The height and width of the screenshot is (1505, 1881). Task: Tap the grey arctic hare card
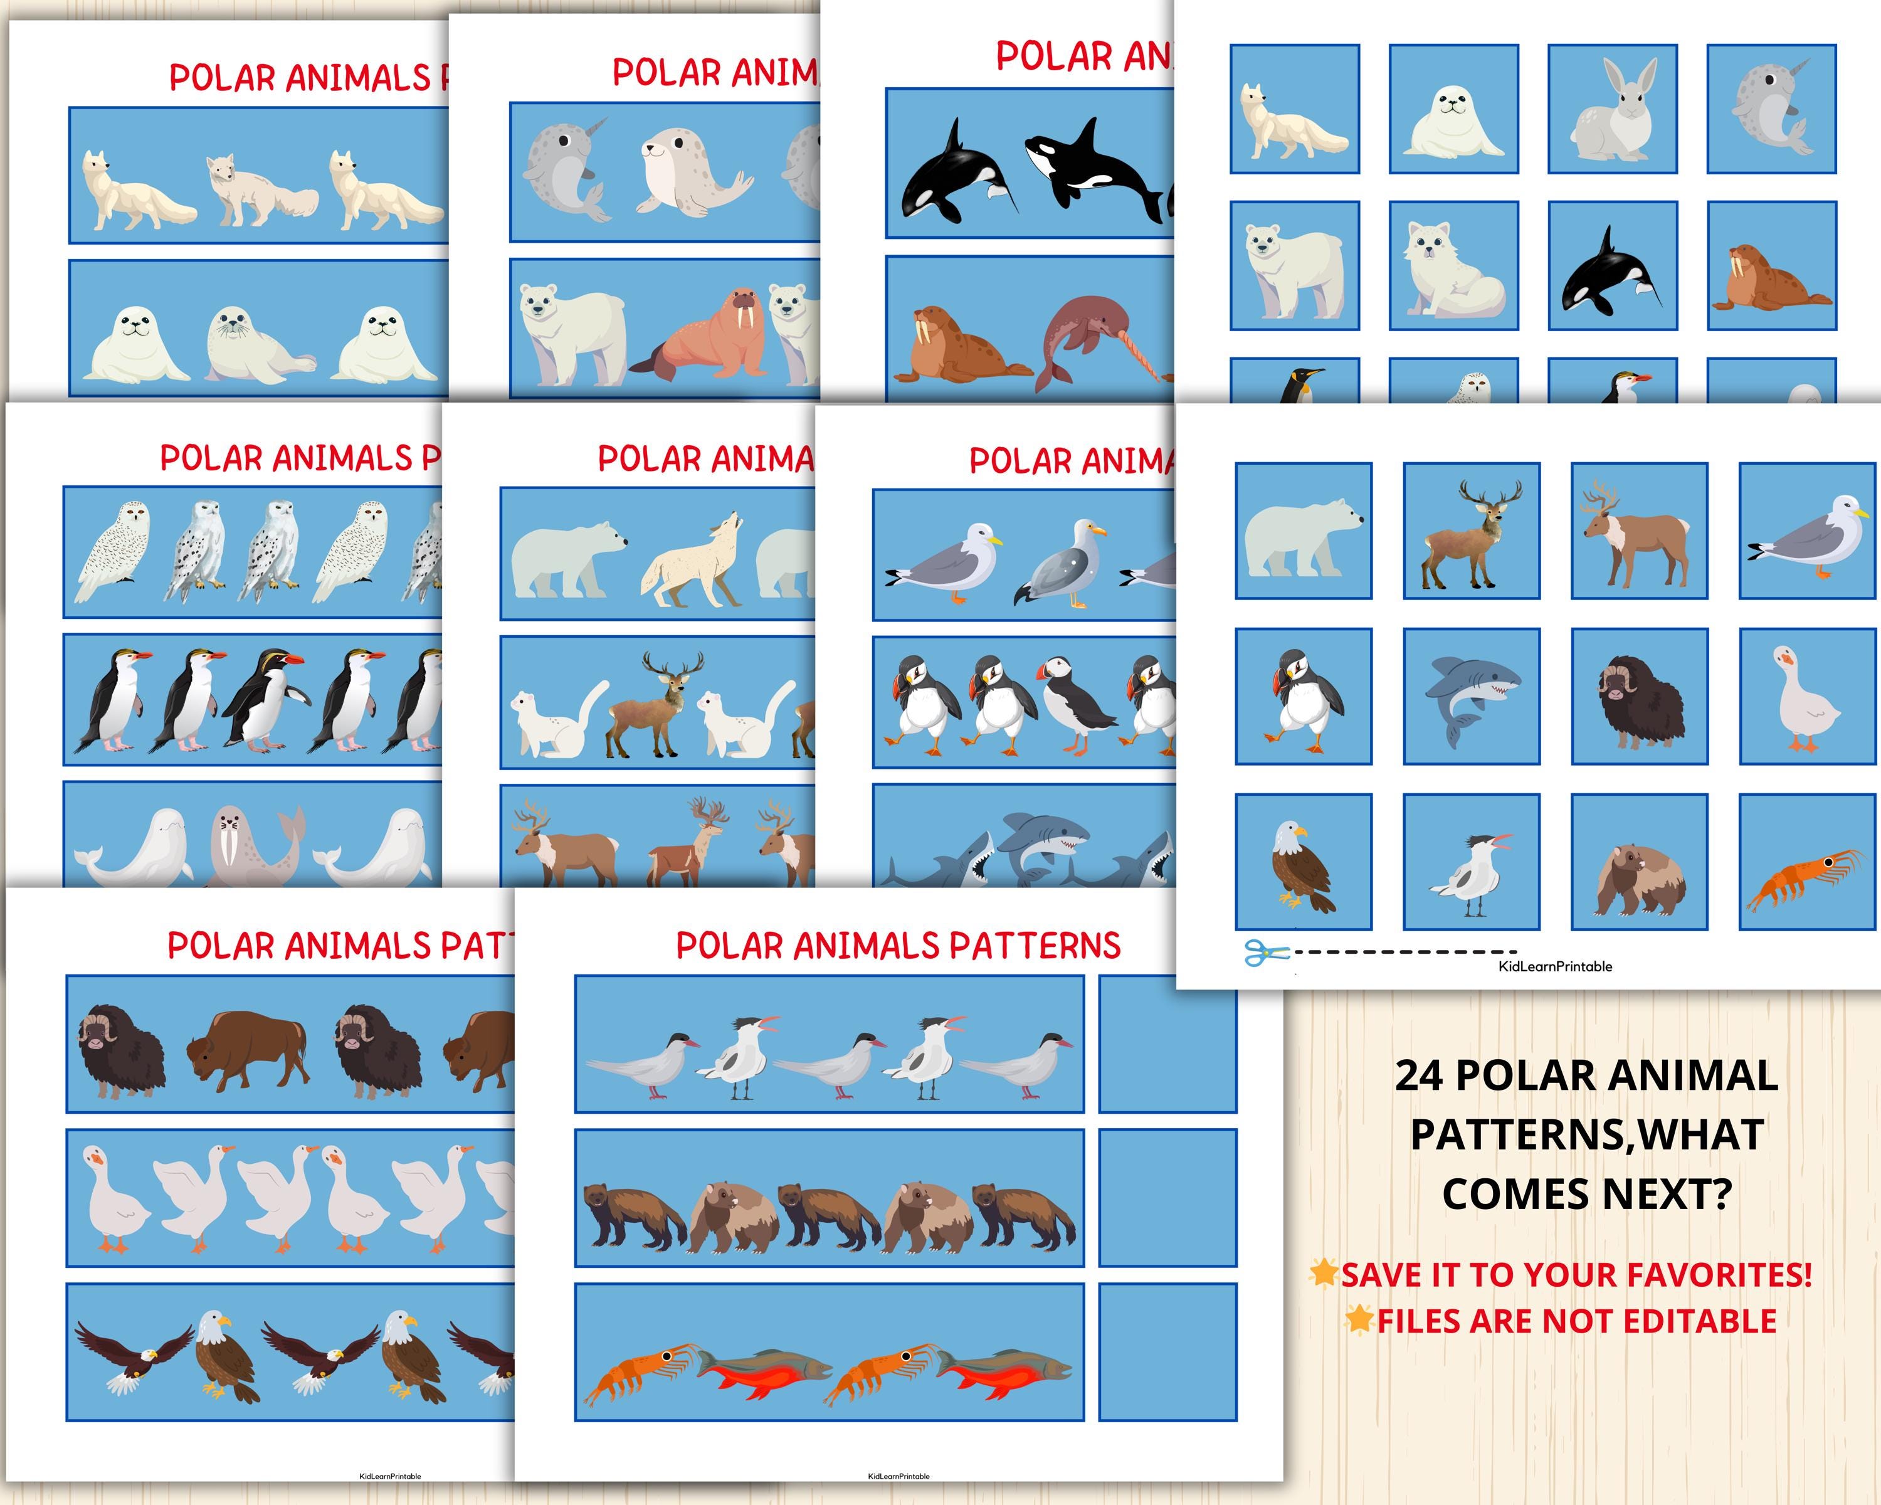(x=1612, y=109)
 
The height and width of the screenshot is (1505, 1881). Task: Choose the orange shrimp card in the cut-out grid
(x=1806, y=862)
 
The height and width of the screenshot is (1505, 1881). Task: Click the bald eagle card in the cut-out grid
(x=1304, y=862)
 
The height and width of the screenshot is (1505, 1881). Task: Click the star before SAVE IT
(x=1324, y=1272)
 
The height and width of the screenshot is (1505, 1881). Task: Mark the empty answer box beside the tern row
(x=1167, y=1043)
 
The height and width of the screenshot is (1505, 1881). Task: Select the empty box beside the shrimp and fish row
(x=1167, y=1351)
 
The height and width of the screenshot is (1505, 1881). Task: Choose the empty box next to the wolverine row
(x=1167, y=1197)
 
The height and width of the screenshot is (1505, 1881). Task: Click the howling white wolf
(x=689, y=562)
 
